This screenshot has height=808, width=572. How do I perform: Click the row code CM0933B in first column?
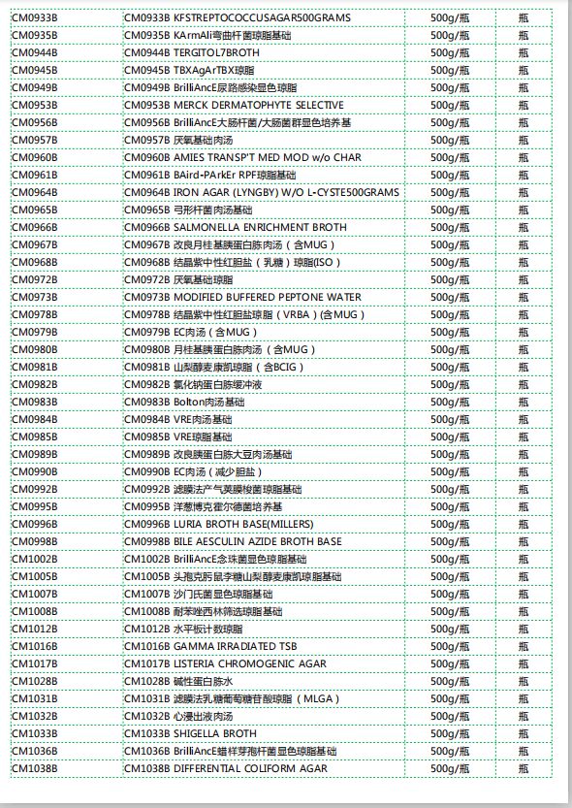(34, 17)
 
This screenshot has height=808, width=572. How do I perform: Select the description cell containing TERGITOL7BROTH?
(195, 52)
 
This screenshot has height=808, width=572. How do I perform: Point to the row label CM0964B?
(34, 192)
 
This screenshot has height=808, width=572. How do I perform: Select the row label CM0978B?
(34, 314)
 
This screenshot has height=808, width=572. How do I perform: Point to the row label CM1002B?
(34, 559)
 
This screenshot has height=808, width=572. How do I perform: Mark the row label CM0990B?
(34, 471)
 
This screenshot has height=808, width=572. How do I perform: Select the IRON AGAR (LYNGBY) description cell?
(262, 192)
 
